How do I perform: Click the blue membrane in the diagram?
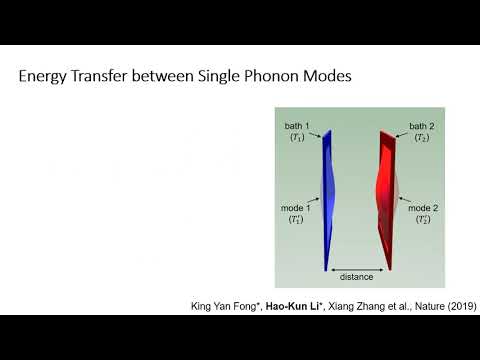click(x=326, y=200)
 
